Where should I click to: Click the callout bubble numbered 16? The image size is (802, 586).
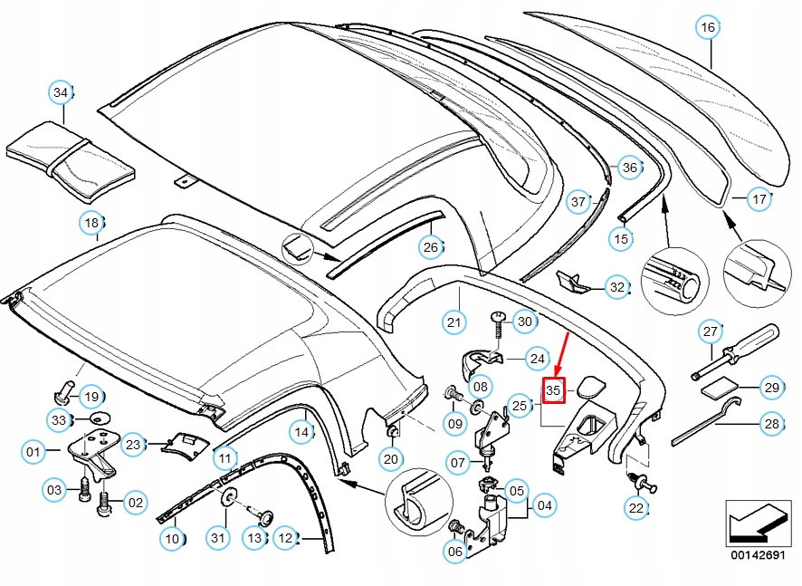[x=708, y=28]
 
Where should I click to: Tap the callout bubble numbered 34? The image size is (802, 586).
[x=60, y=92]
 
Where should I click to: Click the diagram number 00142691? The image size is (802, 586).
[x=759, y=554]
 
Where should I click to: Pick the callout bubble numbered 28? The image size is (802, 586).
[x=771, y=423]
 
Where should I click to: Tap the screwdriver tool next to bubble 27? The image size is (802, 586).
[x=738, y=351]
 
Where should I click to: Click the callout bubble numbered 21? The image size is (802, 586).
[x=454, y=321]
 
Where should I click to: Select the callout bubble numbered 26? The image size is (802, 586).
[x=432, y=245]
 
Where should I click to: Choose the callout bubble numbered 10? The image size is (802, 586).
[x=172, y=539]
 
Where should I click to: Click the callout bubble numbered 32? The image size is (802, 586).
[x=617, y=288]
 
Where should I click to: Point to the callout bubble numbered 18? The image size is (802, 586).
[x=91, y=222]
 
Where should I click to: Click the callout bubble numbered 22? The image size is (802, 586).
[x=636, y=508]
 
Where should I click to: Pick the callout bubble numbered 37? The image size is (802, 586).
[x=579, y=203]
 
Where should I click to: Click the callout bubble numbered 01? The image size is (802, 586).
[x=33, y=451]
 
